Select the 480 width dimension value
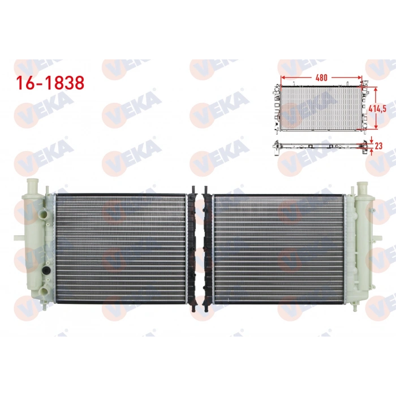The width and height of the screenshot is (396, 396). click(321, 77)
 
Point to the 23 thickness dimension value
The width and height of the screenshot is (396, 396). click(379, 145)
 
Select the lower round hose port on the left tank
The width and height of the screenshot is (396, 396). click(40, 292)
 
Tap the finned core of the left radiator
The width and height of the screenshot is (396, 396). click(121, 248)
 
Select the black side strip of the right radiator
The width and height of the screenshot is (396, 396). click(206, 248)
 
